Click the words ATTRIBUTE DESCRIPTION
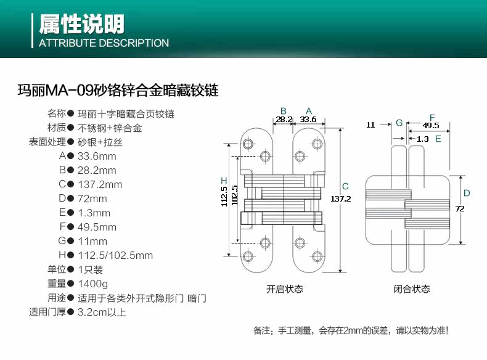pyautogui.click(x=104, y=43)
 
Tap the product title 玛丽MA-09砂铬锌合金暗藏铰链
pyautogui.click(x=118, y=91)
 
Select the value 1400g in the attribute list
pyautogui.click(x=93, y=284)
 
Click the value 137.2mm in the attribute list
pyautogui.click(x=100, y=184)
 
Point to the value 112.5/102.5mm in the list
pyautogui.click(x=115, y=255)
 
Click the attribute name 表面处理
pyautogui.click(x=47, y=142)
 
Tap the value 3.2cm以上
pyautogui.click(x=102, y=312)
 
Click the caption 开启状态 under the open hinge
pyautogui.click(x=284, y=289)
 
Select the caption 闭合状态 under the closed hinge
pyautogui.click(x=412, y=289)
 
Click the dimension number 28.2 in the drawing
pyautogui.click(x=284, y=119)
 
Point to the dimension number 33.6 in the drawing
pyautogui.click(x=308, y=119)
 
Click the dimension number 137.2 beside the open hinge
pyautogui.click(x=340, y=198)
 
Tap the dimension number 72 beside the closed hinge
pyautogui.click(x=459, y=208)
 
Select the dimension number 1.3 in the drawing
pyautogui.click(x=422, y=139)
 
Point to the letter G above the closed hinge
pyautogui.click(x=399, y=123)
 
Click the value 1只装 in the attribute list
pyautogui.click(x=90, y=269)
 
